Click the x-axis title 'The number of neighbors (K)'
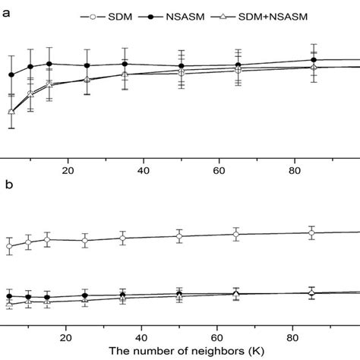tap(180, 351)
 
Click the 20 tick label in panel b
tap(67, 334)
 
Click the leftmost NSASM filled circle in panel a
tap(11, 74)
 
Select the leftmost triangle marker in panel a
tap(11, 112)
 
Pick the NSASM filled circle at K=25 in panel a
tap(87, 65)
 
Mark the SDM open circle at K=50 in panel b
tap(179, 236)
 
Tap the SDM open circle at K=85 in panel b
tap(311, 233)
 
